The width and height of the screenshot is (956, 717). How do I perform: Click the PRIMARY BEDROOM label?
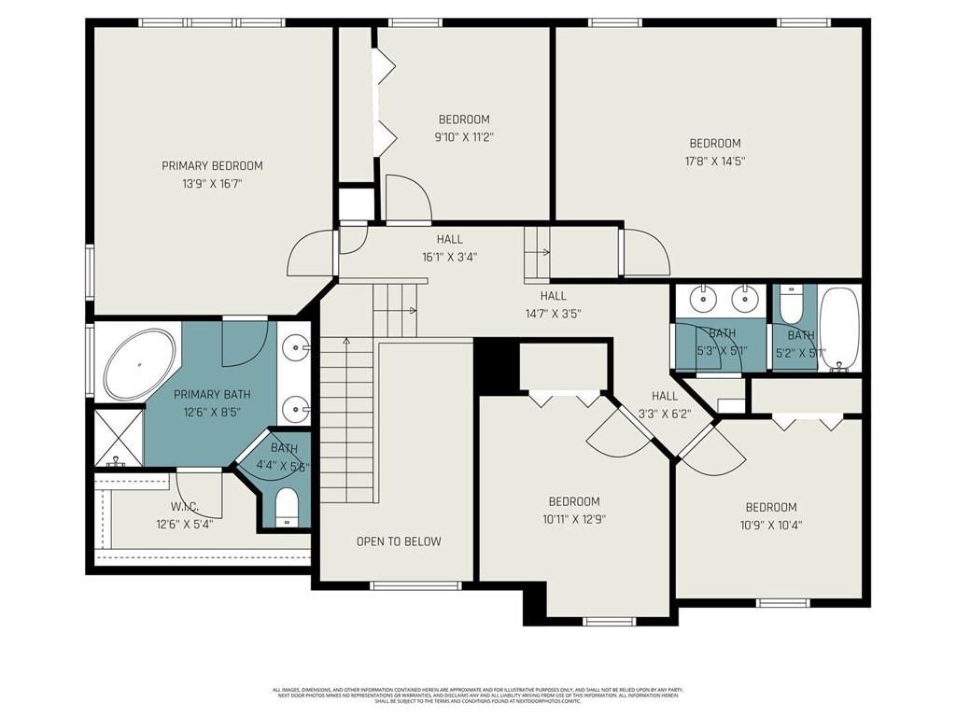212,165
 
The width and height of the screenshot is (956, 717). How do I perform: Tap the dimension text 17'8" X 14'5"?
716,161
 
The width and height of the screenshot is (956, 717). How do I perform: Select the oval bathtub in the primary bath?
139,365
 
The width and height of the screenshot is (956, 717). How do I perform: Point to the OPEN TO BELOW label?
399,541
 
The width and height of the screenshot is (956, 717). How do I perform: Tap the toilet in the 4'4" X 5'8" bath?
287,507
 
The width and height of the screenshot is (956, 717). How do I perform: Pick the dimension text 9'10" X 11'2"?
464,137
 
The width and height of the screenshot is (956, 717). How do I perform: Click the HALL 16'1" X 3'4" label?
449,248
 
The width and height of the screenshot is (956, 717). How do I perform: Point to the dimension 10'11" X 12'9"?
573,519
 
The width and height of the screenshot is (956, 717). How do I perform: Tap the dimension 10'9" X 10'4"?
770,525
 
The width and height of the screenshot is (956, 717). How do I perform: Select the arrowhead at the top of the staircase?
346,341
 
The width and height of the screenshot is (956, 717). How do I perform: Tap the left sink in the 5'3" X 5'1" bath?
701,300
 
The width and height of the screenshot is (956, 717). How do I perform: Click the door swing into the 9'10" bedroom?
407,198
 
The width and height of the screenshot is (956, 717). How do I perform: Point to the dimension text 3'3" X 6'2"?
665,414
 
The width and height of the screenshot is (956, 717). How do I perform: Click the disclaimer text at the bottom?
477,695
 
